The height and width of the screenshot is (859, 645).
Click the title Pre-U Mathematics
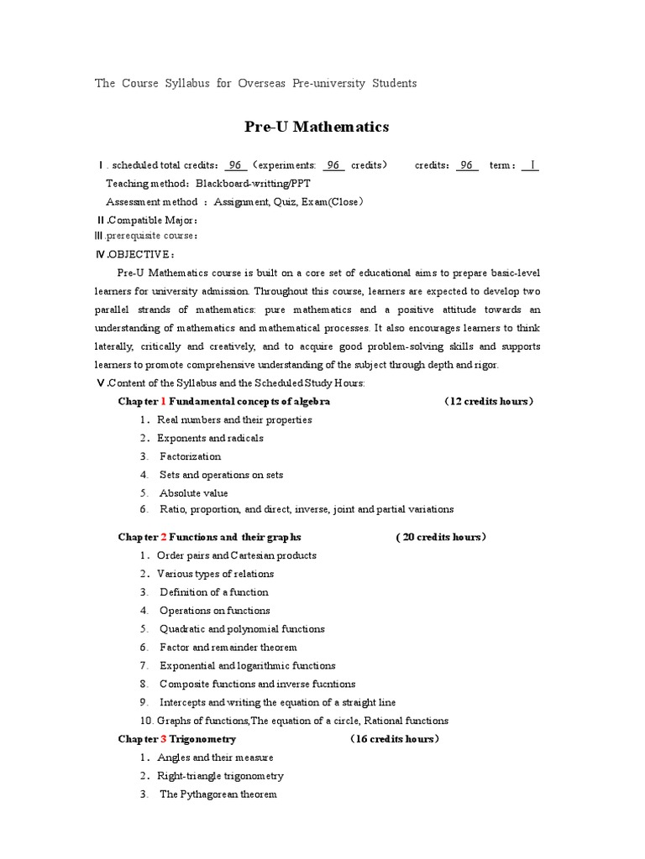317,127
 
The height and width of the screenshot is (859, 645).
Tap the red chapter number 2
164,537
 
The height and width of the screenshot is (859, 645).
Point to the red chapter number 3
164,739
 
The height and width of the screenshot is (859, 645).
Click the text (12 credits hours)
489,401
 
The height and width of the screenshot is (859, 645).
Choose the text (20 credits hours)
441,537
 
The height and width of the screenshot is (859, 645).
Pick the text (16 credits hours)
394,739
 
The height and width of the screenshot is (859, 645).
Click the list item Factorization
191,456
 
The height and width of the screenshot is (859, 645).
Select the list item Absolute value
193,493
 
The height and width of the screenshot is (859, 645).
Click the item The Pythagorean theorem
218,794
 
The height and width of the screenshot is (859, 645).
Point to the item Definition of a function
214,592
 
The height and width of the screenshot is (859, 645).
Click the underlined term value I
529,165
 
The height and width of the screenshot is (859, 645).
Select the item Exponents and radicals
210,438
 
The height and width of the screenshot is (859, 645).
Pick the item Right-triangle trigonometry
220,776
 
